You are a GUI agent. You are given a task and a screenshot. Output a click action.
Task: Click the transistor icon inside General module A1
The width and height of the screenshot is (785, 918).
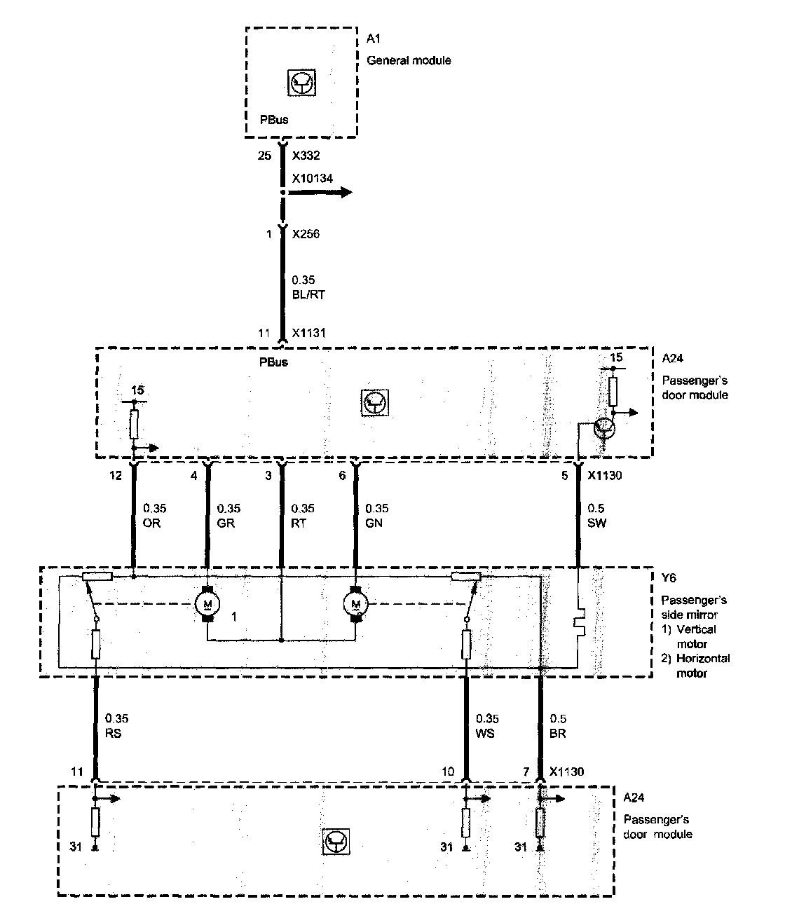303,83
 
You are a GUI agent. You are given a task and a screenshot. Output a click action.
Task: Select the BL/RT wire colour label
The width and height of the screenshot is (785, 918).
308,295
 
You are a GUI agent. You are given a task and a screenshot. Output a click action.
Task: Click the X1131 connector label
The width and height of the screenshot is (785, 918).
309,334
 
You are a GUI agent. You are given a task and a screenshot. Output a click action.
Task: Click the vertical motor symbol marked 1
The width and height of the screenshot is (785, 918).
207,603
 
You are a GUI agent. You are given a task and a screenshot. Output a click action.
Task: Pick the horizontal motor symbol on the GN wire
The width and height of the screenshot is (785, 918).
356,603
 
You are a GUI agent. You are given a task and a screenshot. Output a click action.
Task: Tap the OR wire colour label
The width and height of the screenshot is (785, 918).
151,523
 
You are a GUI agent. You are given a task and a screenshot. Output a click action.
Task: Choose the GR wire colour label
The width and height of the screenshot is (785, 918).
226,523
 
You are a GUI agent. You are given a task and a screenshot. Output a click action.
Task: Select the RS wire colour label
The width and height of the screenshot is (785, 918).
113,733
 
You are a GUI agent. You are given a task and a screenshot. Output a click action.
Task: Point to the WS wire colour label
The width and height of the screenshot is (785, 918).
485,733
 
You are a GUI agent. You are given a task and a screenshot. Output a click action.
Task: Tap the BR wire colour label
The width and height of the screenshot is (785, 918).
559,733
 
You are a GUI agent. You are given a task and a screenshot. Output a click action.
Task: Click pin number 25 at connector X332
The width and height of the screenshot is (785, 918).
264,155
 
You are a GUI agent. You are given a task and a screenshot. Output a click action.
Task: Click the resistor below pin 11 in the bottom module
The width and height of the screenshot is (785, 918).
96,822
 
